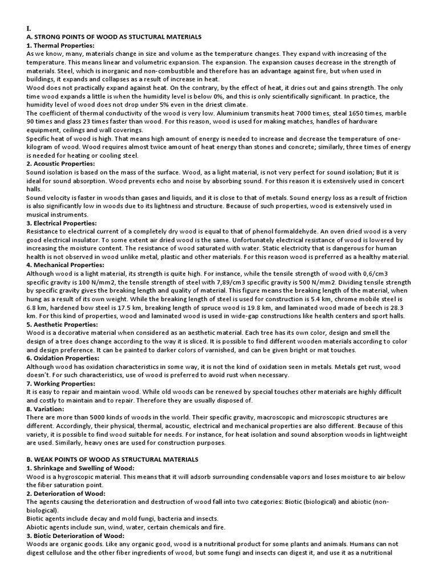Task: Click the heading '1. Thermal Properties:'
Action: [60, 45]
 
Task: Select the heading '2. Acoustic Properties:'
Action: [61, 163]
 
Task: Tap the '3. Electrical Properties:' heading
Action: [62, 223]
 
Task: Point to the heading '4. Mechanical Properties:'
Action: [65, 265]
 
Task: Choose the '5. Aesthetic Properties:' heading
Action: [61, 325]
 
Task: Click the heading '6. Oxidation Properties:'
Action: [63, 358]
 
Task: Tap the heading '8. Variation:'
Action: [46, 409]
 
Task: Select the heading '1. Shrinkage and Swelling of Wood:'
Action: [80, 467]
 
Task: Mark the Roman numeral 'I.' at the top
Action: [29, 28]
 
